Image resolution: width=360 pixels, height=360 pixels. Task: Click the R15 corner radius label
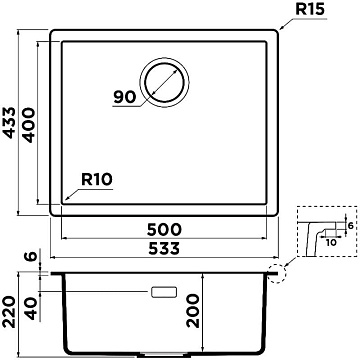[x=310, y=10]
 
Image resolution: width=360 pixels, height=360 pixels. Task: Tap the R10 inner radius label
[x=97, y=180]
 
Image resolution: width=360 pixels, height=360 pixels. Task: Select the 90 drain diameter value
[x=125, y=97]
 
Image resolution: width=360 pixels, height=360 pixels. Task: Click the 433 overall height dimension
[x=9, y=122]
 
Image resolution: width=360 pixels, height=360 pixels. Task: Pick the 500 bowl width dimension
[x=165, y=229]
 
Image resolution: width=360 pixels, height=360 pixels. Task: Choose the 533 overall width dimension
[x=164, y=249]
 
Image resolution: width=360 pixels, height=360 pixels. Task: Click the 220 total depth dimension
[x=9, y=312]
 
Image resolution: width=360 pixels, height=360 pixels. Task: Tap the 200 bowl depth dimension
[x=193, y=311]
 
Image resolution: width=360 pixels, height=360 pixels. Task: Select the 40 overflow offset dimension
[x=32, y=308]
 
